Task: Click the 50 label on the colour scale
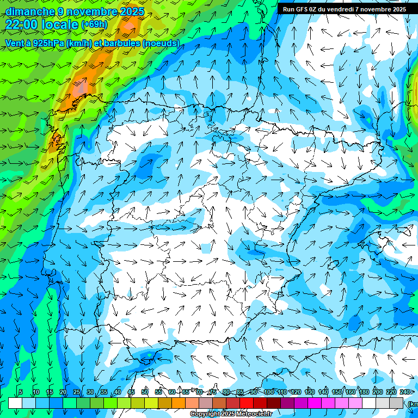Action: click(145, 392)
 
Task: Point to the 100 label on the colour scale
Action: click(269, 392)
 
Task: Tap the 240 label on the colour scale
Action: click(405, 392)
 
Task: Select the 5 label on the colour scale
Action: click(21, 392)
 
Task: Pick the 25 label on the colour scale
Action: click(77, 392)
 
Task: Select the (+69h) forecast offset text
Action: click(94, 25)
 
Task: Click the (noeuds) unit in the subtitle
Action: click(161, 43)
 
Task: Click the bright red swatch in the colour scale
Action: click(247, 403)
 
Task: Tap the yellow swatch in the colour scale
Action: click(151, 403)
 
